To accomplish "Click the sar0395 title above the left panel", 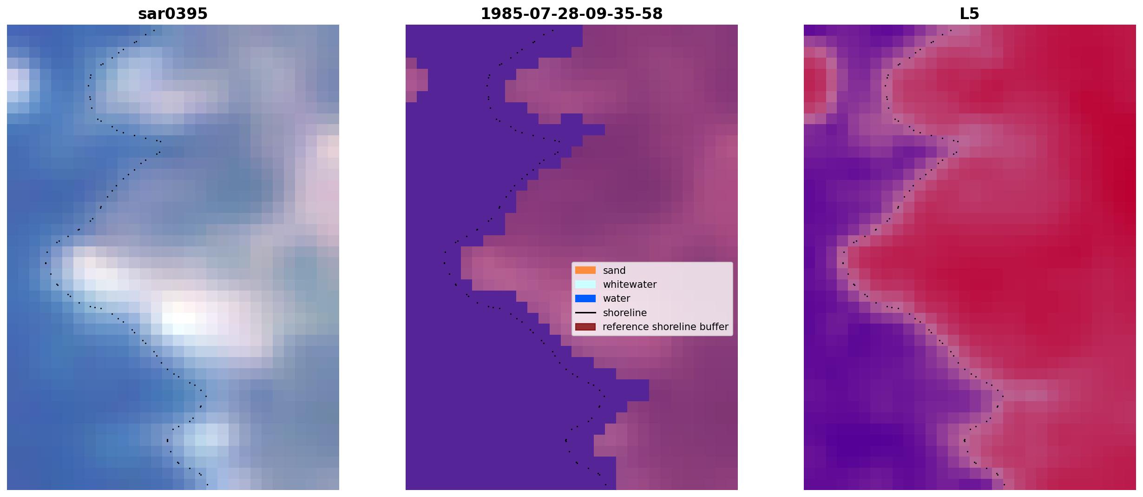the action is pos(173,13).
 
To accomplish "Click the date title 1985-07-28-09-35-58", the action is pos(571,13).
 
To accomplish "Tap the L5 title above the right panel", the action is pos(970,13).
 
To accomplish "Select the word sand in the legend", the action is pos(614,271).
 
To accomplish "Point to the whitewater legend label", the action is pos(630,285).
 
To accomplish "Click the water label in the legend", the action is pos(617,298).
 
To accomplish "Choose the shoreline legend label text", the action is pos(625,313).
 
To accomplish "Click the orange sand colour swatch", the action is pos(585,270).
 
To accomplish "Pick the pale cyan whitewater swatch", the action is pos(585,285).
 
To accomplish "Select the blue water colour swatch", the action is pos(585,298).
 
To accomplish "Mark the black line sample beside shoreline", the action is pos(585,313).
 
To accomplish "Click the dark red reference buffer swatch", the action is pos(585,327).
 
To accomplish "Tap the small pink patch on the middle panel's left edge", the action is pos(416,80).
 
